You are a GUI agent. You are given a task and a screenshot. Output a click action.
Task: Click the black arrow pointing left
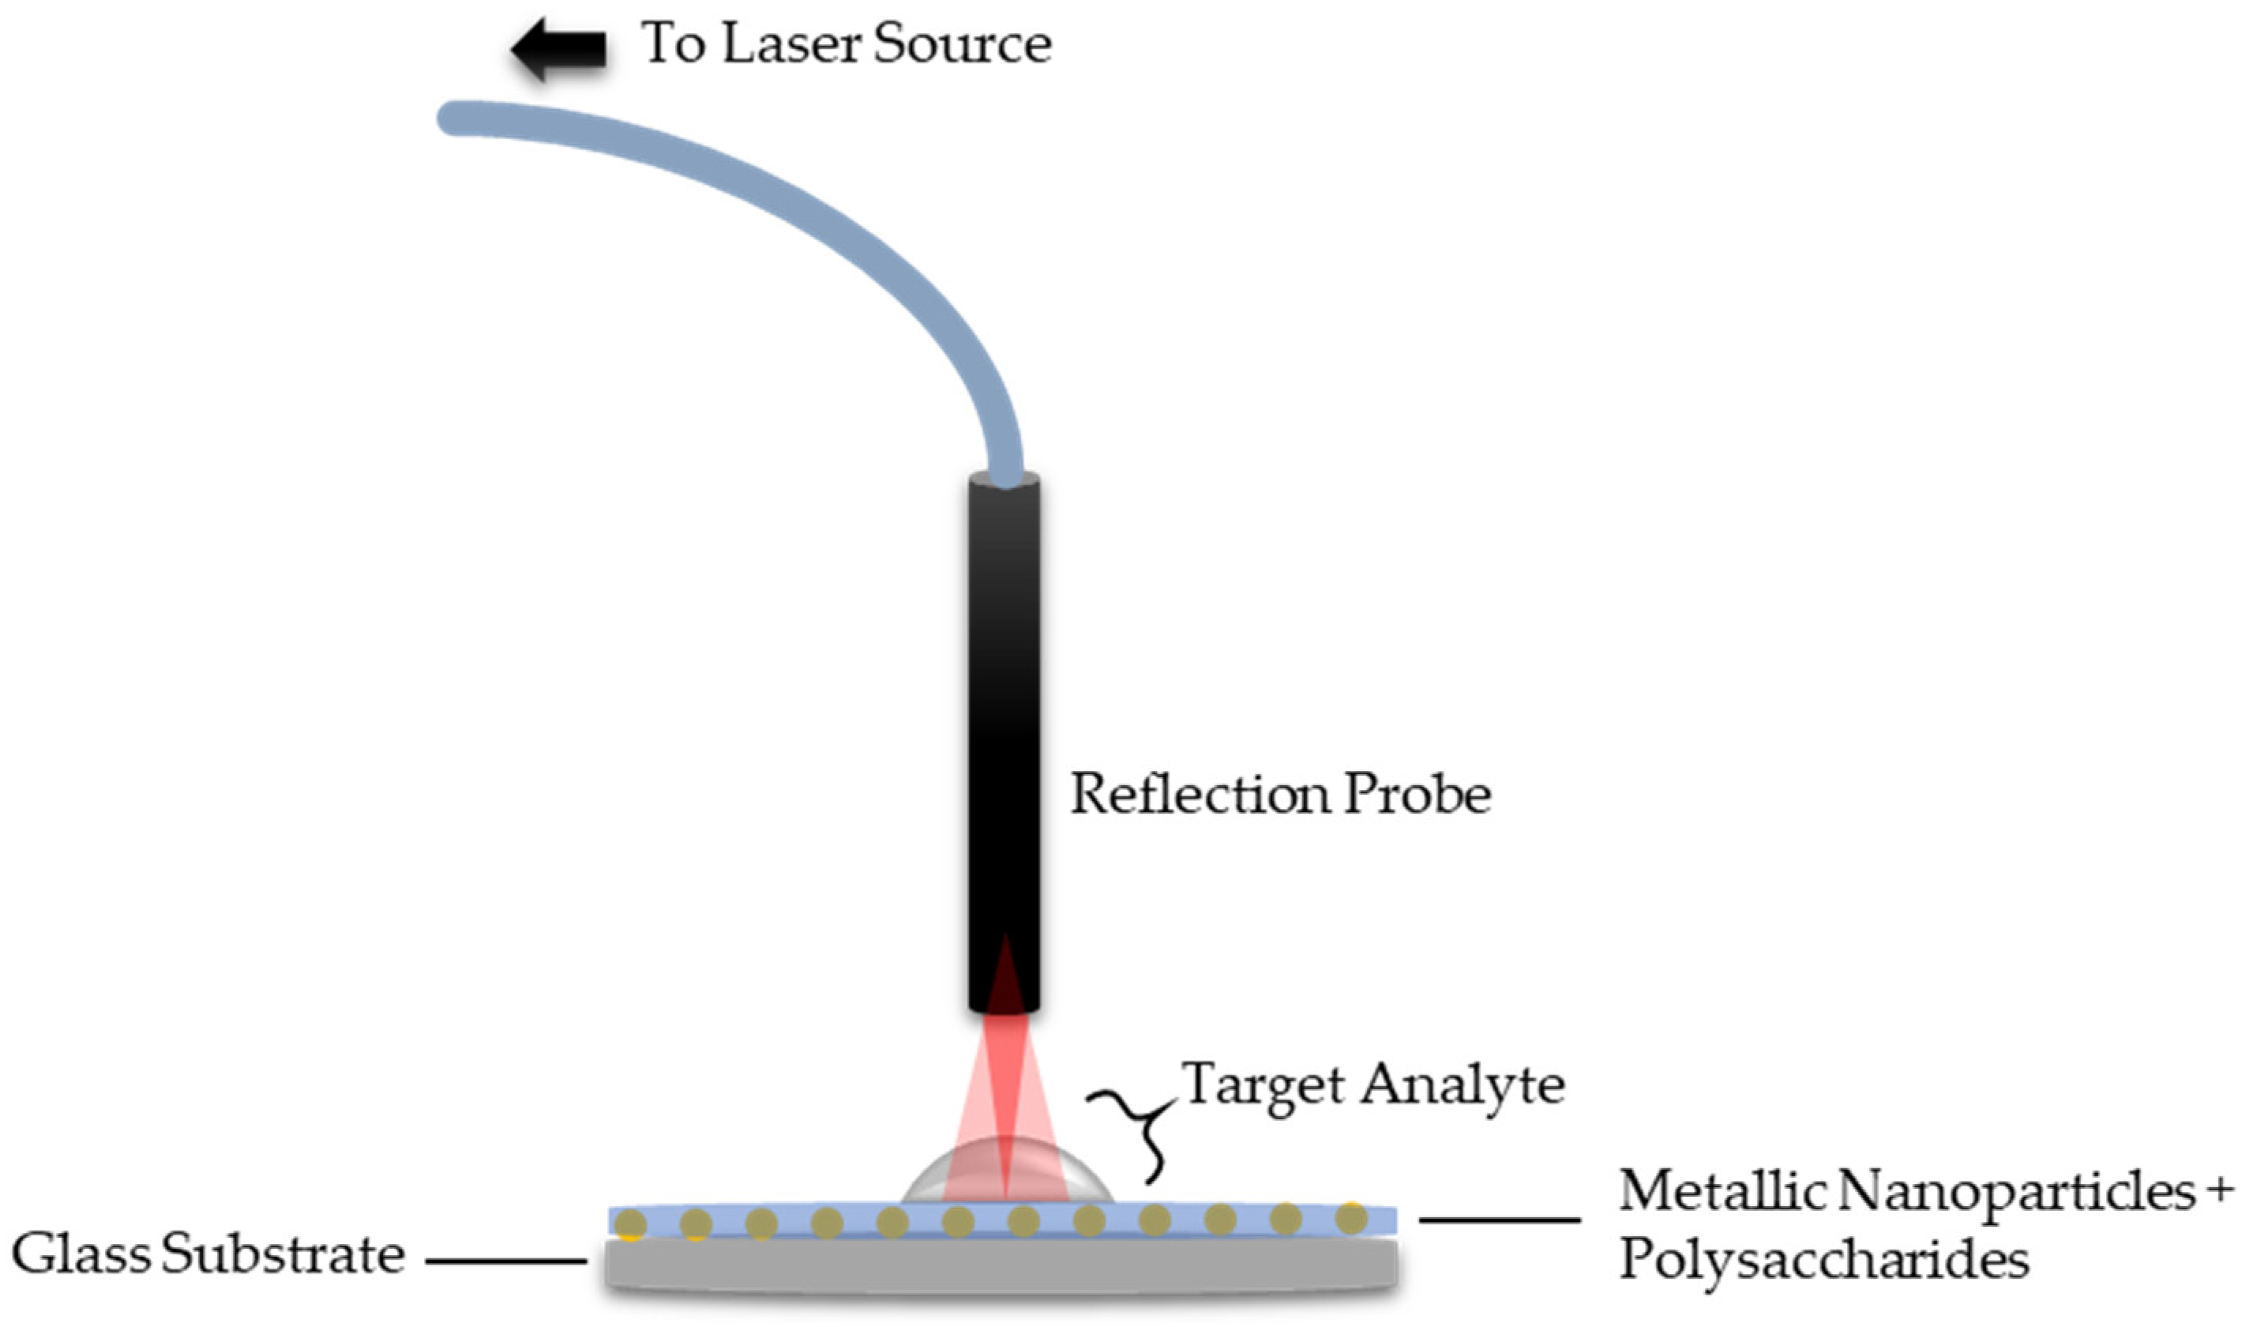(x=558, y=48)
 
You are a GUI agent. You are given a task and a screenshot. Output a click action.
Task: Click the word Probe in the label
(x=1417, y=793)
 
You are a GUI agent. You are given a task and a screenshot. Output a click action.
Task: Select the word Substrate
(x=283, y=1254)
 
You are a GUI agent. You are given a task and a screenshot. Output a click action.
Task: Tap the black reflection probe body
(x=1004, y=716)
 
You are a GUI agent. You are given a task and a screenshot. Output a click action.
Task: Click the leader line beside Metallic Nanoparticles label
(x=1500, y=1219)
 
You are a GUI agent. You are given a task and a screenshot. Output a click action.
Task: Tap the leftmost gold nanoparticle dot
(x=631, y=1224)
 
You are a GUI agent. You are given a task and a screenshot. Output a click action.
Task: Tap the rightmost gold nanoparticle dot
(x=1351, y=1218)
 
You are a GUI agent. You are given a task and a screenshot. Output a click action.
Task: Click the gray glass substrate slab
(x=1001, y=1265)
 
